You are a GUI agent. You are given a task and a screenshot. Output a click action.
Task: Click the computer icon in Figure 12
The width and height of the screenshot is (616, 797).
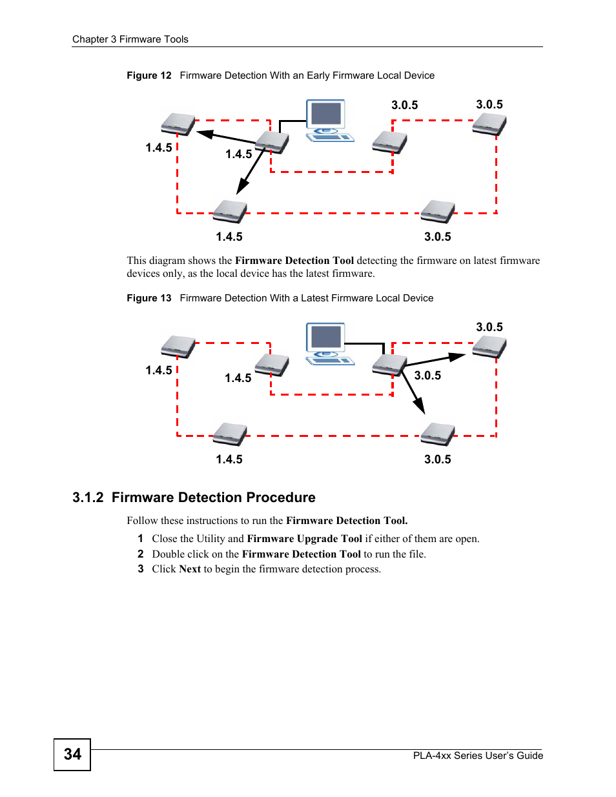coord(328,120)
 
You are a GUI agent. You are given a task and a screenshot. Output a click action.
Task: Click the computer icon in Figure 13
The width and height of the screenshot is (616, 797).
coord(328,343)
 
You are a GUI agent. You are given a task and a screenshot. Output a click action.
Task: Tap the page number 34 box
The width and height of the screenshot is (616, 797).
coord(72,754)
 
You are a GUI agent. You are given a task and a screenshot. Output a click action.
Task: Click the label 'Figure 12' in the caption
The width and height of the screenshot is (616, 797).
coord(149,76)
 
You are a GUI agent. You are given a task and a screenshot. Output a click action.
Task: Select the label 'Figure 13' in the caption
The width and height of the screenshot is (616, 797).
coord(149,298)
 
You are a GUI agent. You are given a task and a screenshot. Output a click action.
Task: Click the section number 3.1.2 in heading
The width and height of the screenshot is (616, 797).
coord(88,498)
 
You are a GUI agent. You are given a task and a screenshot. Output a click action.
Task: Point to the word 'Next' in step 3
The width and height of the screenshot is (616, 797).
coord(190,569)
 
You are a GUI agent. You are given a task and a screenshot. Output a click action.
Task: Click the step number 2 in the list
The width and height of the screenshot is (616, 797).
coord(140,554)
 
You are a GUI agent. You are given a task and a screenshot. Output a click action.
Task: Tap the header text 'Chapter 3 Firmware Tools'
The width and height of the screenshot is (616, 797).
coord(130,39)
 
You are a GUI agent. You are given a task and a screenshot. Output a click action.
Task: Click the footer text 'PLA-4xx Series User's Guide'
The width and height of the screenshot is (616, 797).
coord(478,756)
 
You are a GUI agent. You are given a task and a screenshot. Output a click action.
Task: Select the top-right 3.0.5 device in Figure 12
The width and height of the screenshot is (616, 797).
coord(489,124)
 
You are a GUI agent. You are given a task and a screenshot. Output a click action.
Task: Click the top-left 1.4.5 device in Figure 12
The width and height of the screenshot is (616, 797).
coord(178,124)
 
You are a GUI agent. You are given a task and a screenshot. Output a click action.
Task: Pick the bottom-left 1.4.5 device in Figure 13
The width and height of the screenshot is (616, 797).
coord(231,434)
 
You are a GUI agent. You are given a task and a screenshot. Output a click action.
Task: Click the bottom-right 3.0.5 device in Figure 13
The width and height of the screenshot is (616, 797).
coord(438,434)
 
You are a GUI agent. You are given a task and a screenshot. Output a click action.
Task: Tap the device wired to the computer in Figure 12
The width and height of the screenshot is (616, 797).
coord(272,142)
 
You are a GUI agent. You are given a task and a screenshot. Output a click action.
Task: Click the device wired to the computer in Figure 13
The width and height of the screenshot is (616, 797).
coord(389,365)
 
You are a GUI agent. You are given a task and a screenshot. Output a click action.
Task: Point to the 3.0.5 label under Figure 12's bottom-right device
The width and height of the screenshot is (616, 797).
coord(437,237)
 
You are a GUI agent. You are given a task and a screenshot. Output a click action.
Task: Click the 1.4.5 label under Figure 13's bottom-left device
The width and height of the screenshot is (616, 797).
coord(229,459)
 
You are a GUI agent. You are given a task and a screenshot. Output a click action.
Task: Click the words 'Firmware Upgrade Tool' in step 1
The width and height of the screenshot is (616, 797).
coord(304,539)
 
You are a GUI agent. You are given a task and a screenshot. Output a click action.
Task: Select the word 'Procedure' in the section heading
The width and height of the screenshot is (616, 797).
coord(281,498)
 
